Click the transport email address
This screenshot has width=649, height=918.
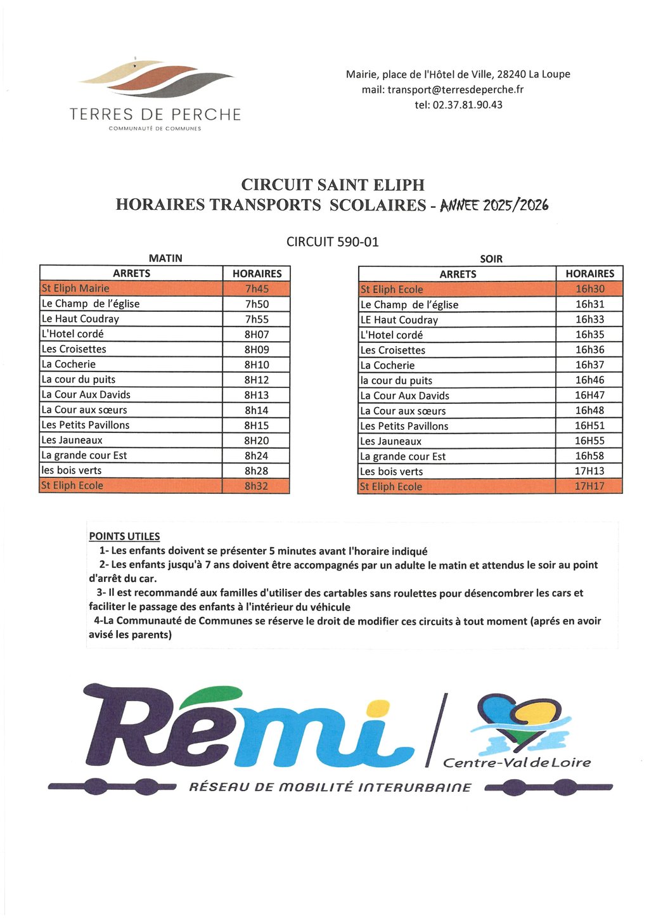pos(442,89)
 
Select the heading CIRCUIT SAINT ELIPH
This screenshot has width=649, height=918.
pos(333,184)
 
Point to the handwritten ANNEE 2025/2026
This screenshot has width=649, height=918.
pos(494,205)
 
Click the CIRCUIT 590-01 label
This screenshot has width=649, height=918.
pos(332,242)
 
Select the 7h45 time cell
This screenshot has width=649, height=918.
pos(257,288)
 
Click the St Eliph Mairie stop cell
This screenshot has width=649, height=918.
pos(131,288)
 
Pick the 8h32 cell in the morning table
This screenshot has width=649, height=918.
pos(257,486)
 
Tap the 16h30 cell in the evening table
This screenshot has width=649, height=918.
pos(589,289)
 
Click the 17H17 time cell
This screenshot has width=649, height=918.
pos(589,486)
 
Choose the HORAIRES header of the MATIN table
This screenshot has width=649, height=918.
pos(257,273)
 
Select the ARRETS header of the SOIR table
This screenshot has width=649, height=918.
pos(458,274)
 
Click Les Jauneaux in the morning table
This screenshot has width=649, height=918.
pos(131,440)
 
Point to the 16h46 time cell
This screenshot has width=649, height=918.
pos(589,380)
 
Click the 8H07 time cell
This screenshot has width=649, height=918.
pos(257,334)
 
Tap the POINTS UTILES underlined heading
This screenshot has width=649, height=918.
pos(124,536)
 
